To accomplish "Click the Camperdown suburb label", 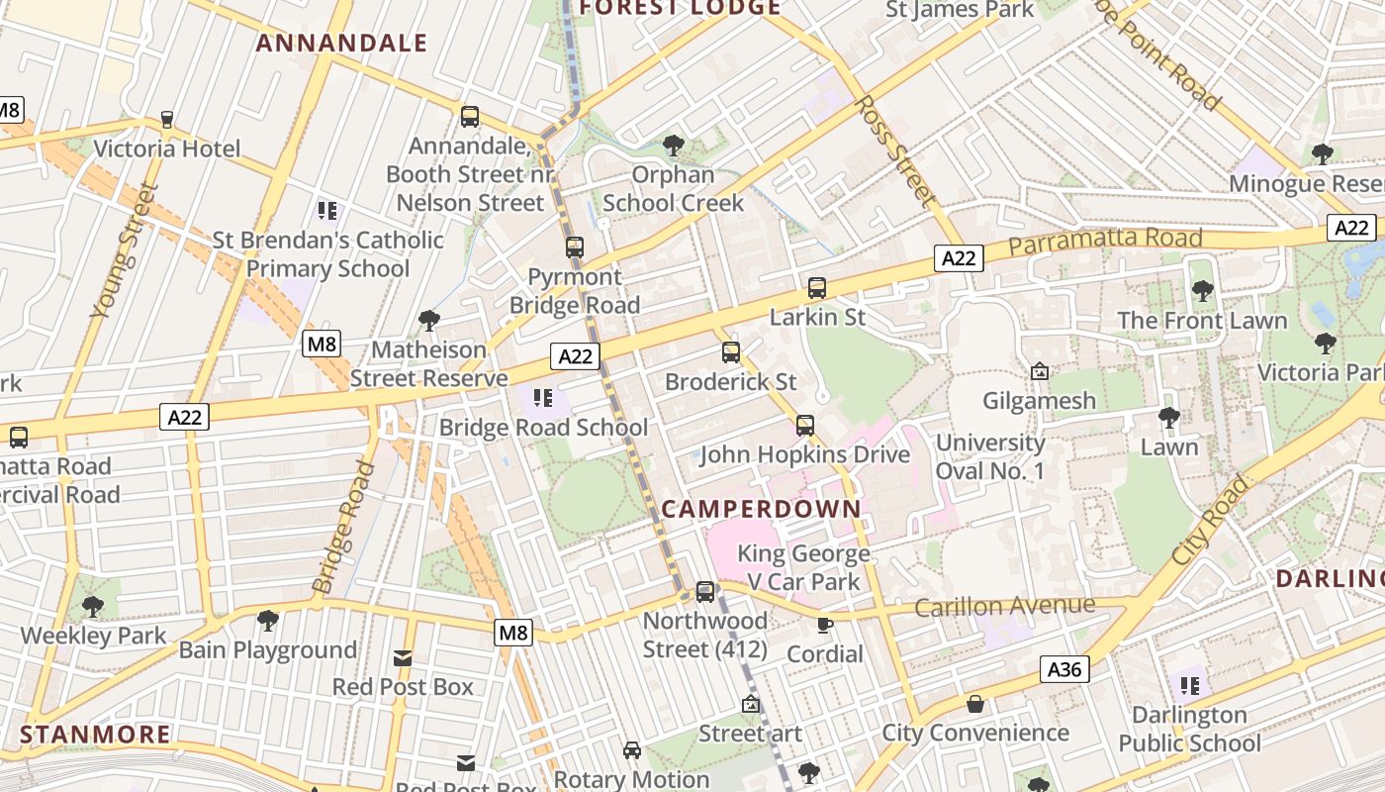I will click(x=761, y=509).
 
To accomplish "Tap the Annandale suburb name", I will click(x=341, y=43).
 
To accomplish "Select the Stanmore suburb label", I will click(x=95, y=735).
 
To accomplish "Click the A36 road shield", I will click(x=1064, y=669).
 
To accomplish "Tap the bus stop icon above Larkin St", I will click(x=817, y=288).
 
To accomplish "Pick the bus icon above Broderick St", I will click(x=731, y=352).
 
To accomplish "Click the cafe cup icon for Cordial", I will click(x=824, y=625).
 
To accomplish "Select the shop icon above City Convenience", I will click(x=975, y=704).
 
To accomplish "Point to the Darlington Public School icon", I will click(x=1190, y=685).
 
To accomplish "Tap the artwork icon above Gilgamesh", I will click(x=1040, y=372).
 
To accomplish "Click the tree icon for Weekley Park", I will click(x=93, y=606).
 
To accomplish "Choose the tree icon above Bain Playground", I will click(x=267, y=621).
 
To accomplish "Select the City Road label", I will click(x=1211, y=521).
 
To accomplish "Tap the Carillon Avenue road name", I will click(x=1004, y=606).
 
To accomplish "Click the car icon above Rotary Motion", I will click(x=632, y=750).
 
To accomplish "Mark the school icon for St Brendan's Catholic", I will click(x=327, y=210).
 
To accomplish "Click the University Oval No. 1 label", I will click(x=990, y=456).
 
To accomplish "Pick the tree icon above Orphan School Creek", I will click(x=674, y=147).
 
